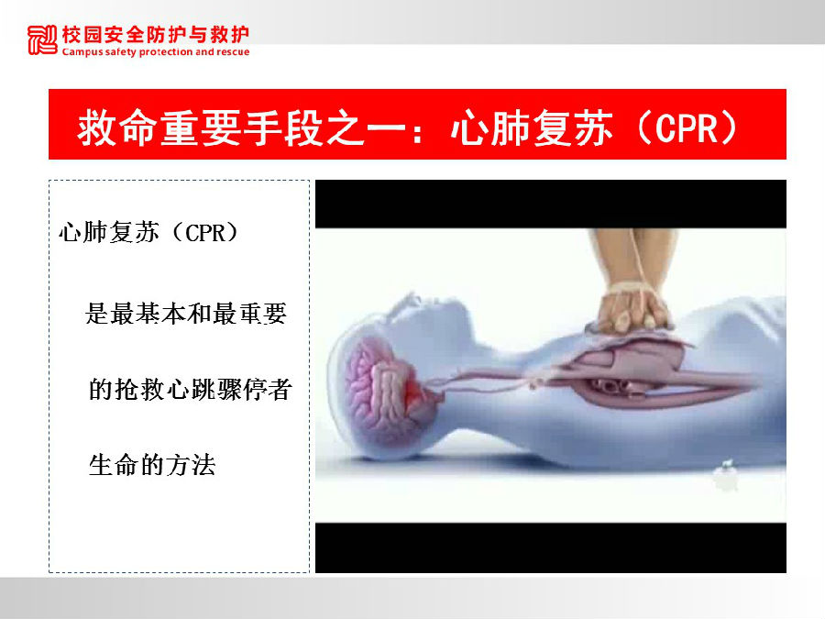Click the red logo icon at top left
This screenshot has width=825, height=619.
[42, 40]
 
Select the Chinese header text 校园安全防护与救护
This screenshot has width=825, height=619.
[155, 34]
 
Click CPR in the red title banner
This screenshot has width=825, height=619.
[687, 127]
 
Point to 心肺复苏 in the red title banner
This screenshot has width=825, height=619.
[532, 127]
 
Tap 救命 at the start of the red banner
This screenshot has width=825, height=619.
[116, 127]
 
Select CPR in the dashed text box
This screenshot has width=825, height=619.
[205, 233]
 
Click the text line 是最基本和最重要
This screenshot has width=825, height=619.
[186, 314]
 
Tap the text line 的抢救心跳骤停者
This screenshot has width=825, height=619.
[190, 390]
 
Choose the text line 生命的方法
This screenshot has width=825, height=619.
[152, 465]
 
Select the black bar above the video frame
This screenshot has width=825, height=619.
[551, 204]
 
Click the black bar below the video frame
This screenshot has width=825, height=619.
[551, 548]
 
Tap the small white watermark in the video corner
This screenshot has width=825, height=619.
[726, 476]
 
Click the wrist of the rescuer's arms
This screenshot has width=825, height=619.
[631, 287]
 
